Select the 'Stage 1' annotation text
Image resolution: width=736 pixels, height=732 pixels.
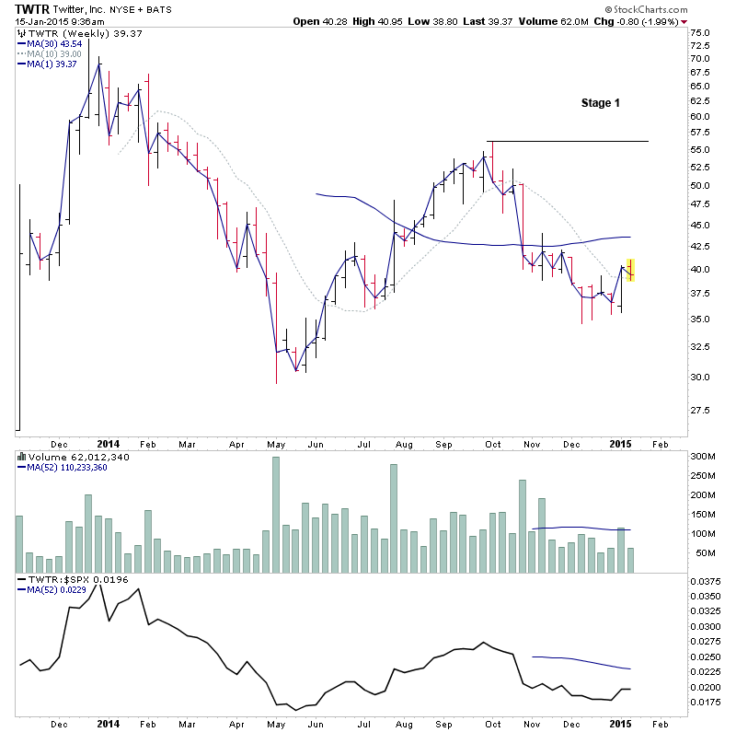click(600, 103)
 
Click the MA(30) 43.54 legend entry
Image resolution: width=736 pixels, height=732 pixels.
click(53, 44)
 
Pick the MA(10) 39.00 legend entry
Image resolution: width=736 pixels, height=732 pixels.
click(53, 54)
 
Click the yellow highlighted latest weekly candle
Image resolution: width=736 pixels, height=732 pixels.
click(630, 269)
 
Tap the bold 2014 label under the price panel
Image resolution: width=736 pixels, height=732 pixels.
click(109, 443)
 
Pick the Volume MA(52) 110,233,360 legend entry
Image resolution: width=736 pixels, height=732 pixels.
click(68, 466)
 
